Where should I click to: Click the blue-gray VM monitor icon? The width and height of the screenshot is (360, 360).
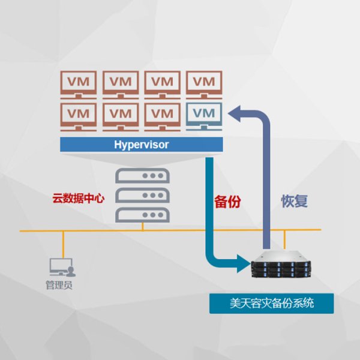(x=205, y=116)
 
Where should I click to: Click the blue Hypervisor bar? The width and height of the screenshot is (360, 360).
(x=142, y=145)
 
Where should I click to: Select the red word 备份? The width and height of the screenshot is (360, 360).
(x=227, y=201)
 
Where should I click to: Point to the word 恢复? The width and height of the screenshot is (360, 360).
(x=295, y=201)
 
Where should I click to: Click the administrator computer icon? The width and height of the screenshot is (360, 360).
(x=61, y=267)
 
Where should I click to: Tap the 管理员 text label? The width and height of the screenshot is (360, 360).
(x=59, y=285)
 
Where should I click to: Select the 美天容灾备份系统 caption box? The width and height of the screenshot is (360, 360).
(x=271, y=303)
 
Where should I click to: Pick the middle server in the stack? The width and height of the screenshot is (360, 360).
(x=142, y=195)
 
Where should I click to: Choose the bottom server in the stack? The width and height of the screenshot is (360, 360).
(x=142, y=214)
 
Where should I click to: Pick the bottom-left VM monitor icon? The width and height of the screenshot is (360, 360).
(x=79, y=116)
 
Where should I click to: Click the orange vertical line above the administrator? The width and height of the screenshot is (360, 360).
(x=62, y=243)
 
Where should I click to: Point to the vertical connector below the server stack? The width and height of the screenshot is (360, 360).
(x=142, y=226)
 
